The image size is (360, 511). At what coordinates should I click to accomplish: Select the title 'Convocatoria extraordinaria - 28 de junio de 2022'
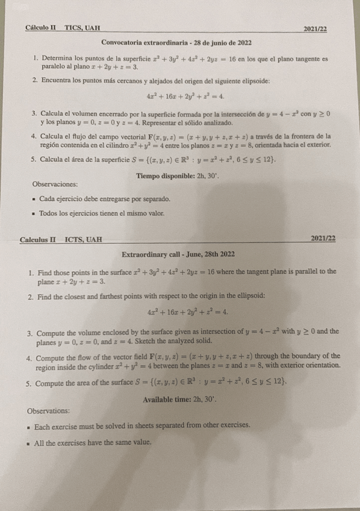(x=176, y=43)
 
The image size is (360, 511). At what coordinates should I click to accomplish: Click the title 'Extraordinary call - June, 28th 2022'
(x=178, y=255)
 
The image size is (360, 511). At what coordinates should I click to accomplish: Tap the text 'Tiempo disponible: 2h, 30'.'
(x=175, y=175)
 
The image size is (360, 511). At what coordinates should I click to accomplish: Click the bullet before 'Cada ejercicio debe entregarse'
(x=32, y=199)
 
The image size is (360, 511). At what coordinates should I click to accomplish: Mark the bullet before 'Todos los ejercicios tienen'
(x=32, y=213)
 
